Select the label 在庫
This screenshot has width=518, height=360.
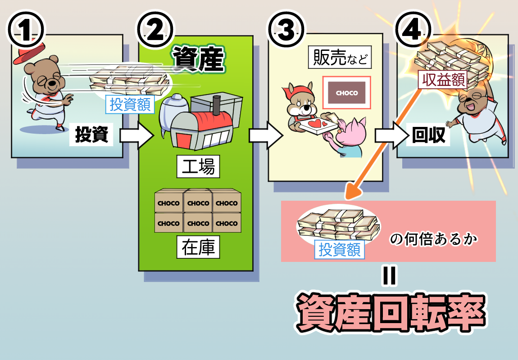[x=198, y=247]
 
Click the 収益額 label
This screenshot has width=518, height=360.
[x=442, y=80]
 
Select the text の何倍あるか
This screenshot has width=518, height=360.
[x=433, y=239]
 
